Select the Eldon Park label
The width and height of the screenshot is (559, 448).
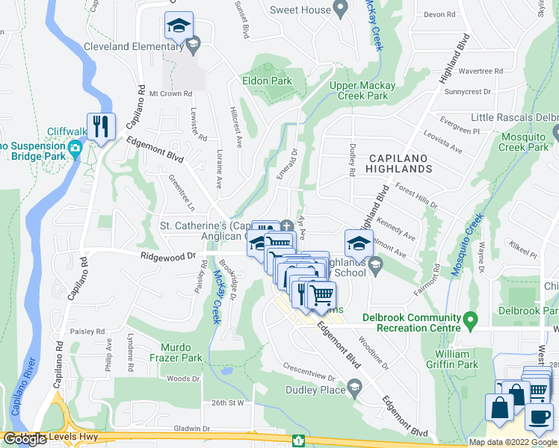tap(266, 81)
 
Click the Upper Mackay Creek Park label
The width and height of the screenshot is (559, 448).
tap(363, 90)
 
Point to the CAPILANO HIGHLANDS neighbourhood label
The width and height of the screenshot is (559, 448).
tap(401, 163)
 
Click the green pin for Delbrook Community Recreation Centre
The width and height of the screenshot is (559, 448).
tap(470, 322)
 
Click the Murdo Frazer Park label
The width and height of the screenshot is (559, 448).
tap(182, 352)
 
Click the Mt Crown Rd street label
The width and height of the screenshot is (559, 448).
tap(170, 93)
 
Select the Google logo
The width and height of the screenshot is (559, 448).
tap(26, 439)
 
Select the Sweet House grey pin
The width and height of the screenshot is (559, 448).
tap(341, 10)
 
